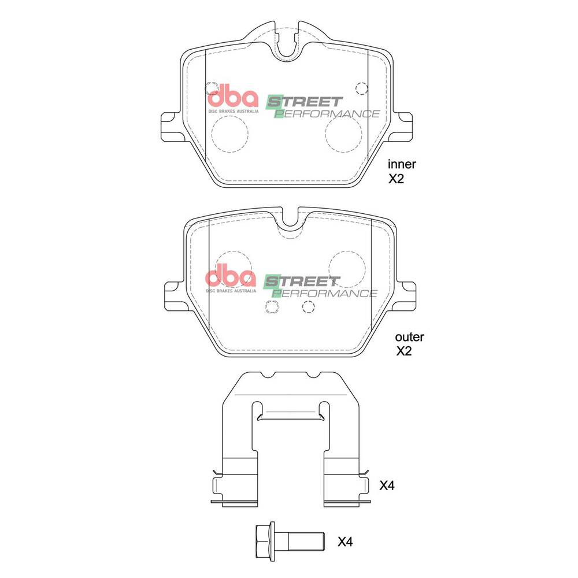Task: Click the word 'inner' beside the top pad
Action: point(402,164)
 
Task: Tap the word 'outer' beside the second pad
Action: point(409,336)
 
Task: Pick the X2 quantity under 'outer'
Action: point(403,351)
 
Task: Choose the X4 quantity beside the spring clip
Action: point(387,486)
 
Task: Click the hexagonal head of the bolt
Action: point(263,541)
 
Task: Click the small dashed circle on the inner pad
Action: point(362,88)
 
